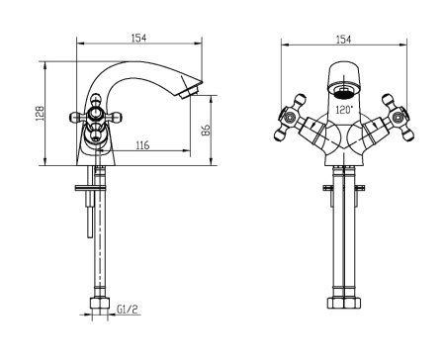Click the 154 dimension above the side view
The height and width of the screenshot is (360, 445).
[138, 38]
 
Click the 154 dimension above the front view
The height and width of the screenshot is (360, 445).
[343, 40]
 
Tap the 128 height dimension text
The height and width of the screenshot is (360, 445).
[40, 113]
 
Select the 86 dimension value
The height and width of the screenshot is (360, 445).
[205, 130]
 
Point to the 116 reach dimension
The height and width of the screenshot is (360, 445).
[142, 144]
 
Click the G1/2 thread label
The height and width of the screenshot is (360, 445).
[128, 310]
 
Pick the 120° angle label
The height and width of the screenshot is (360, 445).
[344, 109]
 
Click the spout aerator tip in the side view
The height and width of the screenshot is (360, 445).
[189, 92]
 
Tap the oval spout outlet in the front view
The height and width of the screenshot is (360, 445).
[343, 91]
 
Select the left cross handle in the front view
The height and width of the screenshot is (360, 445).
[290, 118]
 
